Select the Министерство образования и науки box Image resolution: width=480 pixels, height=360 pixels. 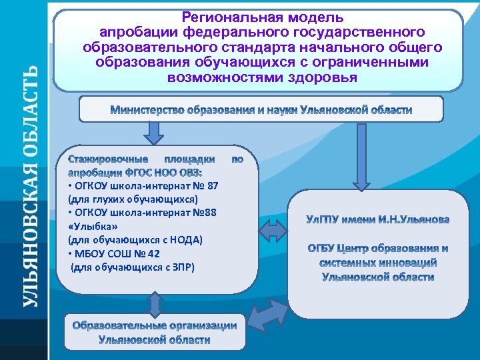click(x=261, y=109)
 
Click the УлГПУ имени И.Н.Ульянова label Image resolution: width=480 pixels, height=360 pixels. click(x=377, y=219)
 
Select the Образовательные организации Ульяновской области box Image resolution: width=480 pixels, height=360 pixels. click(x=155, y=333)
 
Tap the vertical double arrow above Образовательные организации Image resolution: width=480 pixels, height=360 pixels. click(x=155, y=303)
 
